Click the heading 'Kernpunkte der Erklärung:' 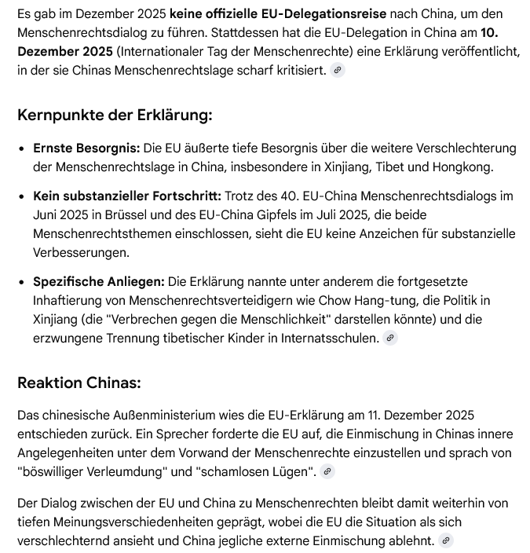115,115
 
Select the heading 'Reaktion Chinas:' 79,383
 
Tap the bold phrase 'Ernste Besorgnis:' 86,148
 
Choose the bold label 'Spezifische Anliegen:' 99,281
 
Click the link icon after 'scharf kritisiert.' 338,71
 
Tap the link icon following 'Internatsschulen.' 390,339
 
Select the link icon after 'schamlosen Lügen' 328,472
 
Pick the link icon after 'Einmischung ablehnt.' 446,541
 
